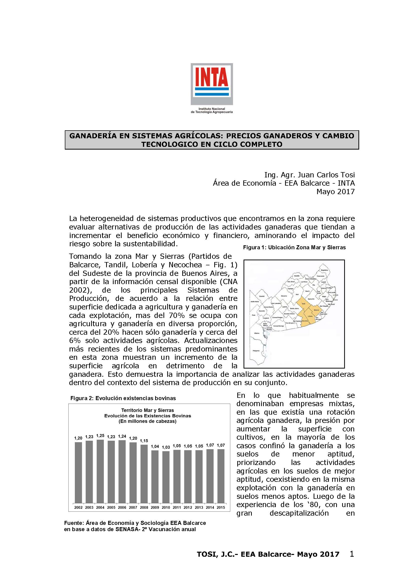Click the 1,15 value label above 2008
(144, 441)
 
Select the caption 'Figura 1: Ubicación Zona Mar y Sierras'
(294, 248)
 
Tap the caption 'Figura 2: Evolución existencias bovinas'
(123, 398)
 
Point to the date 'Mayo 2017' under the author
(335, 192)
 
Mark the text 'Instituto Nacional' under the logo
(212, 109)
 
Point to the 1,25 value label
(100, 436)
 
